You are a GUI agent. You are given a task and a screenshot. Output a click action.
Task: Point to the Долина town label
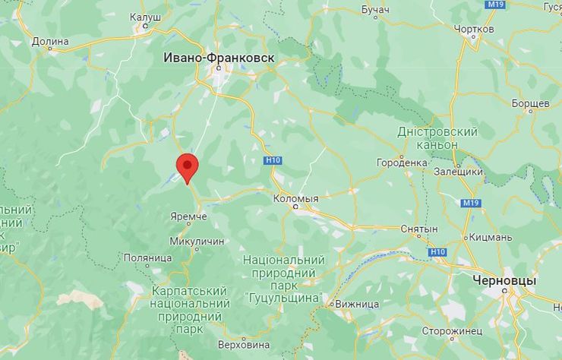click(50, 41)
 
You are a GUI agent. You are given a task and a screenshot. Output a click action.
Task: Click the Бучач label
click(374, 9)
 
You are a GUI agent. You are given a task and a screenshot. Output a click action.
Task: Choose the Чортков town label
click(473, 28)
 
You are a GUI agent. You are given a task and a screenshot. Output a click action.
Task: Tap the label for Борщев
click(530, 103)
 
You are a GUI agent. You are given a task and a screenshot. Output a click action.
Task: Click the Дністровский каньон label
click(437, 138)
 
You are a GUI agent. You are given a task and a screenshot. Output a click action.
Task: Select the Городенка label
click(402, 163)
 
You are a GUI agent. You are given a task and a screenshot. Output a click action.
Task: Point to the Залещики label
click(458, 172)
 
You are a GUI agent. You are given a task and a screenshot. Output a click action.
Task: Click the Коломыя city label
click(295, 198)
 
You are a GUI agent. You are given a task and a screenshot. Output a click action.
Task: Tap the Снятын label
click(421, 229)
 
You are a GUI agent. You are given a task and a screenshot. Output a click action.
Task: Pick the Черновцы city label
click(504, 280)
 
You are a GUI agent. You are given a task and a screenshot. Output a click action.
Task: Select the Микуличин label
click(197, 241)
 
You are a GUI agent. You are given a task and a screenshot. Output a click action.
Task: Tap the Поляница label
click(147, 257)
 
